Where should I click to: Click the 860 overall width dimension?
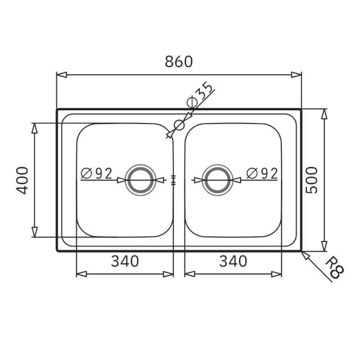coord(178,62)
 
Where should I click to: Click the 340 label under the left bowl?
coord(124,261)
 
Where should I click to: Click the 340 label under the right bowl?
coord(232,261)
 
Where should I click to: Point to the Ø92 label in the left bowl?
coord(96,173)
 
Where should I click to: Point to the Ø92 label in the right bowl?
coord(262,173)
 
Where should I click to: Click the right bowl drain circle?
coord(217,180)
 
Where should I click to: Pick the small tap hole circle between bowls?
coord(179,124)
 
